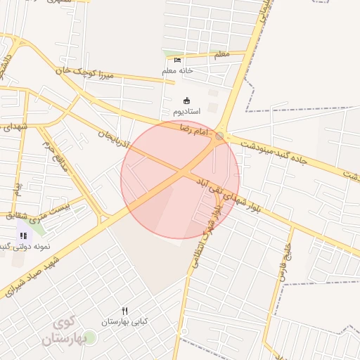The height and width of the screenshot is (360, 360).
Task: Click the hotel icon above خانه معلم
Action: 177,60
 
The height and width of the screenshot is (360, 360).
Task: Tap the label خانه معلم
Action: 177,70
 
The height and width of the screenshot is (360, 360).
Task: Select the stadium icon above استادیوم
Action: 186,101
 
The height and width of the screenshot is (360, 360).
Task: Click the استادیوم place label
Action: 186,111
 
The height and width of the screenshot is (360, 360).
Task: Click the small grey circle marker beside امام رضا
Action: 220,135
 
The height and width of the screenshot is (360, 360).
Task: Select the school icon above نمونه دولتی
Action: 23,236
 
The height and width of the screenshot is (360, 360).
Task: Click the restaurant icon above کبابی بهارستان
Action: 125,311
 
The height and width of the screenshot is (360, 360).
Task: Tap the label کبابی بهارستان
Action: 125,321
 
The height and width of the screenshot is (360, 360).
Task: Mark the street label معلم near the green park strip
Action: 221,53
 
